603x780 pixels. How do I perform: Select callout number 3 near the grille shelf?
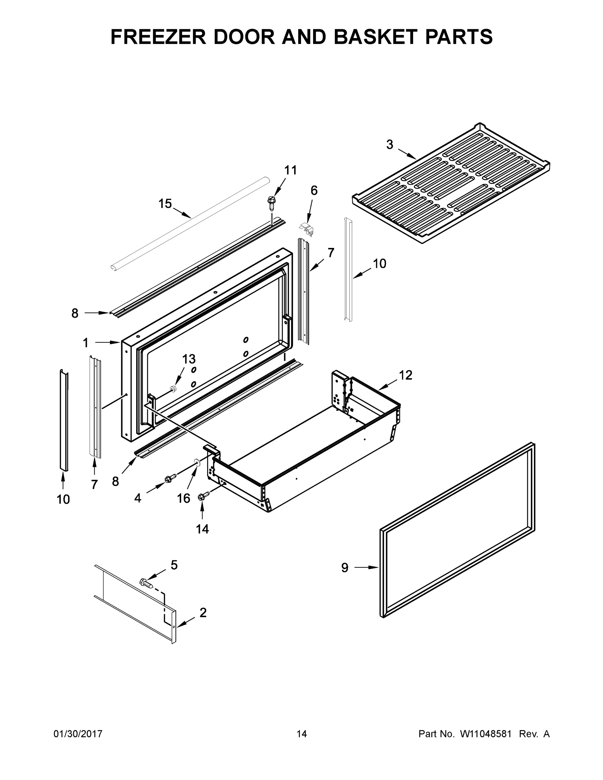tap(389, 145)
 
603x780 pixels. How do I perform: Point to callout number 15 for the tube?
tap(165, 203)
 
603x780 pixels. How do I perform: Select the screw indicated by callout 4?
tap(171, 478)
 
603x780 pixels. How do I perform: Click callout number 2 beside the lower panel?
tap(203, 613)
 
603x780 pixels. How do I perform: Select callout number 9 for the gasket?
tap(344, 568)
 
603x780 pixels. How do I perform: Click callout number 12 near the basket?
tap(405, 375)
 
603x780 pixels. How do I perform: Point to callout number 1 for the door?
tap(85, 343)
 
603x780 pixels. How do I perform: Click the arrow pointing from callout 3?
tap(407, 154)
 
